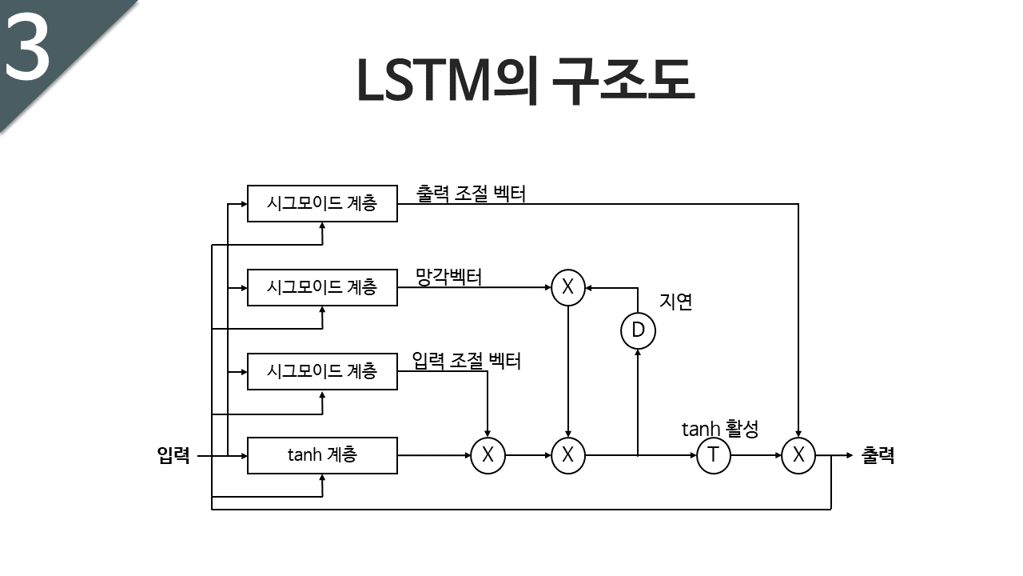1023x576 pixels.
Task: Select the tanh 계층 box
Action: tap(322, 455)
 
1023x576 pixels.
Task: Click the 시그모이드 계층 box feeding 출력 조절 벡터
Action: tap(322, 204)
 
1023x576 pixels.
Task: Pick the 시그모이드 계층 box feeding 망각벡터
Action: tap(322, 287)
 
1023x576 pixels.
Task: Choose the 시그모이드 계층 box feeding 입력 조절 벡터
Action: tap(322, 371)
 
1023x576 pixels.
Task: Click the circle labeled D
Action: tap(638, 330)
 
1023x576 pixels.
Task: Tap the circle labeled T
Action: tap(714, 456)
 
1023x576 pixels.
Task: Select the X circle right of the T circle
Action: tap(798, 456)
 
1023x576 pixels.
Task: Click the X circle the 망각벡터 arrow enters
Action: tap(567, 288)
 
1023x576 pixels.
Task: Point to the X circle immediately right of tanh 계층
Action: tap(488, 456)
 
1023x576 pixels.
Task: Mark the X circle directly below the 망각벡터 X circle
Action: tap(567, 456)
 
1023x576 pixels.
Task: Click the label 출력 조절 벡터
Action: tap(471, 194)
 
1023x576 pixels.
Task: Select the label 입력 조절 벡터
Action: tap(466, 361)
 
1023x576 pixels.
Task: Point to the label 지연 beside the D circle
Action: tap(676, 302)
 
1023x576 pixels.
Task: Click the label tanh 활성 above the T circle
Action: tap(719, 429)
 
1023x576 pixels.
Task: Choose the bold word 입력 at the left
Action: tap(173, 456)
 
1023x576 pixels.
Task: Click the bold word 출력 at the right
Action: tap(878, 456)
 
